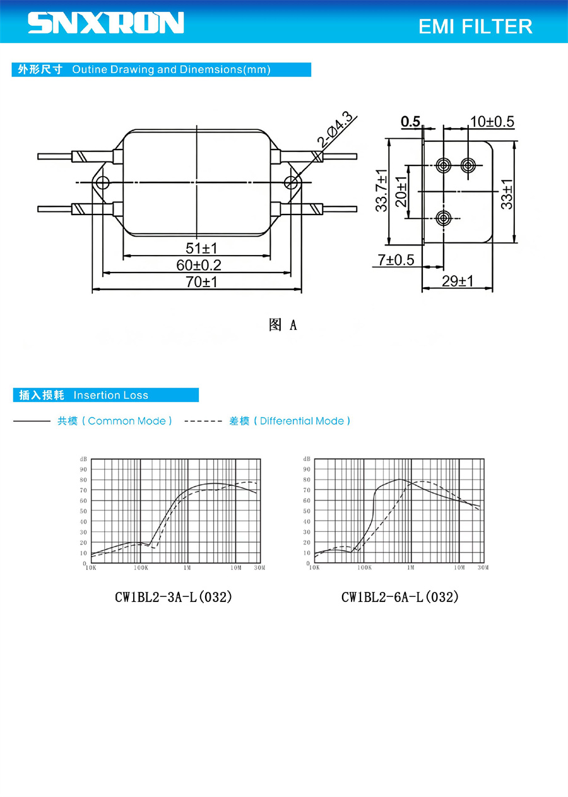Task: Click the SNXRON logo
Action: pos(105,23)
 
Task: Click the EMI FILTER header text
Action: pos(475,27)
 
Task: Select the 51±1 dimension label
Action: pos(201,248)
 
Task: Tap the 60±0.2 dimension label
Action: pos(199,265)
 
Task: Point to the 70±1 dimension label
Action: pos(201,282)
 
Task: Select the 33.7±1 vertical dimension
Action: pos(381,191)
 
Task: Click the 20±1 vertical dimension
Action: pos(401,191)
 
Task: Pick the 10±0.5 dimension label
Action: pos(492,122)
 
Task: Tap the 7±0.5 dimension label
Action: pos(396,260)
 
